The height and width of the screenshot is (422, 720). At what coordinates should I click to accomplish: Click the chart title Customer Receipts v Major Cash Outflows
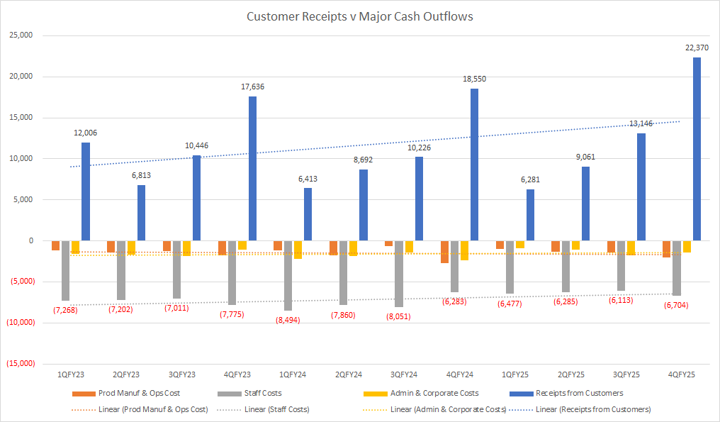(359, 16)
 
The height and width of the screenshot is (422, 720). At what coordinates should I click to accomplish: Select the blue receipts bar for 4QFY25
(697, 149)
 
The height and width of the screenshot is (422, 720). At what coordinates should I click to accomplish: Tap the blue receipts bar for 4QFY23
(252, 168)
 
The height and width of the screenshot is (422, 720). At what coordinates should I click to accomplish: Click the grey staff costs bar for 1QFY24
(288, 275)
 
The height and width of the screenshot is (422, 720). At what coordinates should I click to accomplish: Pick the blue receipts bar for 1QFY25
(530, 215)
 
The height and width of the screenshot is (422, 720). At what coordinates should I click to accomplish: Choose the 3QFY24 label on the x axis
(404, 374)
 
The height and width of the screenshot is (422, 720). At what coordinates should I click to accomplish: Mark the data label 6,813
(141, 175)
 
